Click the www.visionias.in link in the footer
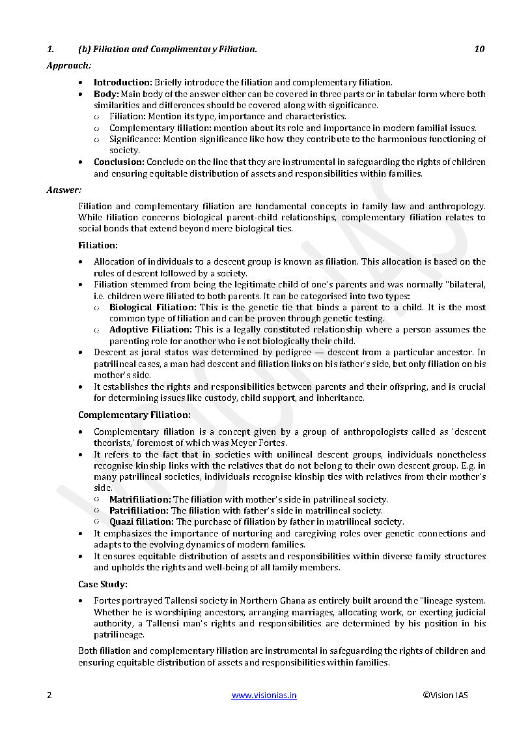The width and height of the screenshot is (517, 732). (264, 695)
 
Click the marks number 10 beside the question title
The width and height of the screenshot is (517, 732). (479, 49)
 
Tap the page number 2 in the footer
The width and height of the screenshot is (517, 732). (49, 695)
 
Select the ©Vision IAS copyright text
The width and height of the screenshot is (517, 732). (445, 695)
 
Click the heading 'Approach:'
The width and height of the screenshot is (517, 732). (68, 65)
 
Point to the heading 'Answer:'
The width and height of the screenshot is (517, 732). (64, 190)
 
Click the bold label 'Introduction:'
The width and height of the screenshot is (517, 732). (123, 82)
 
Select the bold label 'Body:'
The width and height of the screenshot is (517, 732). (106, 94)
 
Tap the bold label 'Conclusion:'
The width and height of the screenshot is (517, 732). (119, 162)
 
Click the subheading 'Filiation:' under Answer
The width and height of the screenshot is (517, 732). (98, 245)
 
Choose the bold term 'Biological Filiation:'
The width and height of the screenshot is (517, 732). (152, 307)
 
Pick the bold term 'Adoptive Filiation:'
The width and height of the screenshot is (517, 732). (149, 330)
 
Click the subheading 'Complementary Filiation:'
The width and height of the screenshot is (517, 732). (134, 415)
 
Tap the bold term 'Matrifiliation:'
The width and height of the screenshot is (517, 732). (139, 499)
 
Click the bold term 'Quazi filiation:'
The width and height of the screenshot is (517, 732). (141, 521)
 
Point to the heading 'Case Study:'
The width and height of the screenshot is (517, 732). (103, 583)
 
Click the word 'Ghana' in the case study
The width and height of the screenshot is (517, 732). (294, 600)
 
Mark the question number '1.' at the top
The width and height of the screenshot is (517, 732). (49, 49)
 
